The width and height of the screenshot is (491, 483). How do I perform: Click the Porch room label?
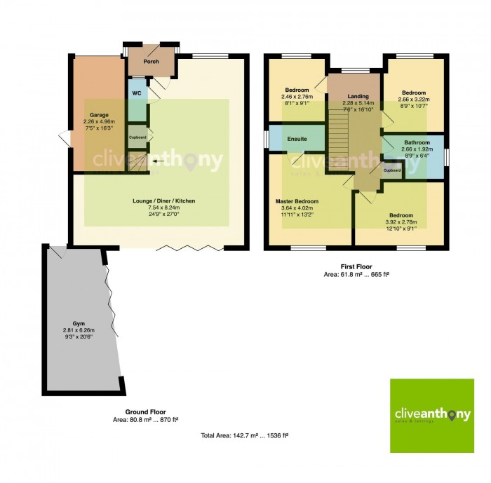coord(151,62)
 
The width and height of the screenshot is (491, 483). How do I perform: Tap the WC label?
coord(137,93)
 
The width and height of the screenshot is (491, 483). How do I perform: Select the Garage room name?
coord(99,114)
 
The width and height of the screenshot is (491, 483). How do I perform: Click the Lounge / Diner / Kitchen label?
coord(164,201)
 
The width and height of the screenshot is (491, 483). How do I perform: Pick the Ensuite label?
coord(297,140)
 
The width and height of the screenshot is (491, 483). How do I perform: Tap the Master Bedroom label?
coord(297,201)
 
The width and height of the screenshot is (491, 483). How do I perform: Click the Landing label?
coord(358,97)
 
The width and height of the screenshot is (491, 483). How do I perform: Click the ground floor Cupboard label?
coord(137,137)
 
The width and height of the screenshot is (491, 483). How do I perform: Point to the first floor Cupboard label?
coord(391,170)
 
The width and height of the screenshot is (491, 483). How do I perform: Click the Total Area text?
coord(245,435)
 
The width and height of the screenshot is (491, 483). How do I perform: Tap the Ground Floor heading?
coord(145,411)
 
